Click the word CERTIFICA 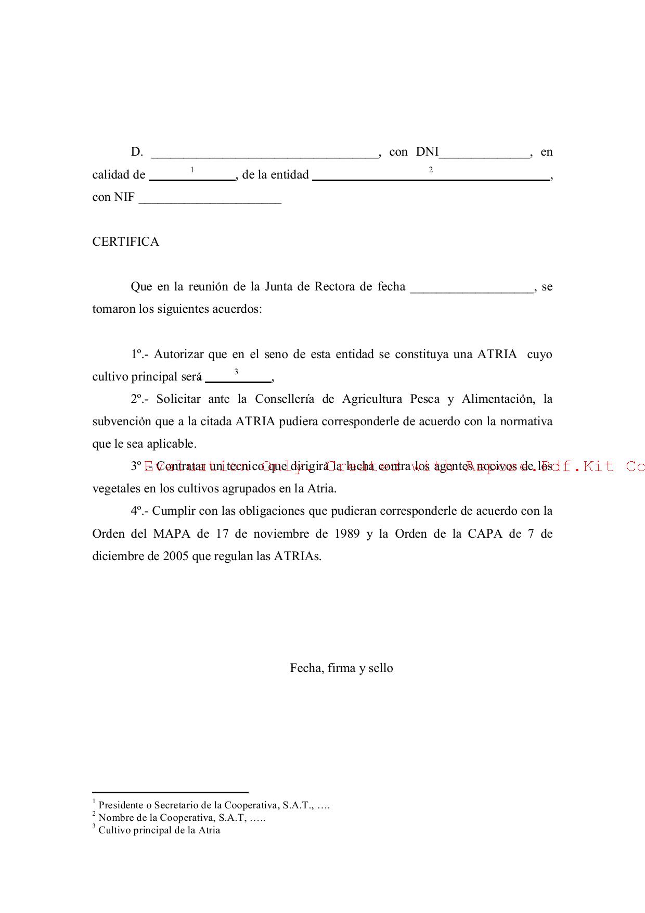click(125, 242)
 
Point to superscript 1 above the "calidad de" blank click(192, 170)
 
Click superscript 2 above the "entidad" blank click(431, 170)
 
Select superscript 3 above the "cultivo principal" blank click(236, 372)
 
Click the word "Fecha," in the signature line click(307, 668)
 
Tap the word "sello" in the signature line click(380, 668)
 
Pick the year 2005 click(176, 556)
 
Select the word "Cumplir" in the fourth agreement click(173, 511)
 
